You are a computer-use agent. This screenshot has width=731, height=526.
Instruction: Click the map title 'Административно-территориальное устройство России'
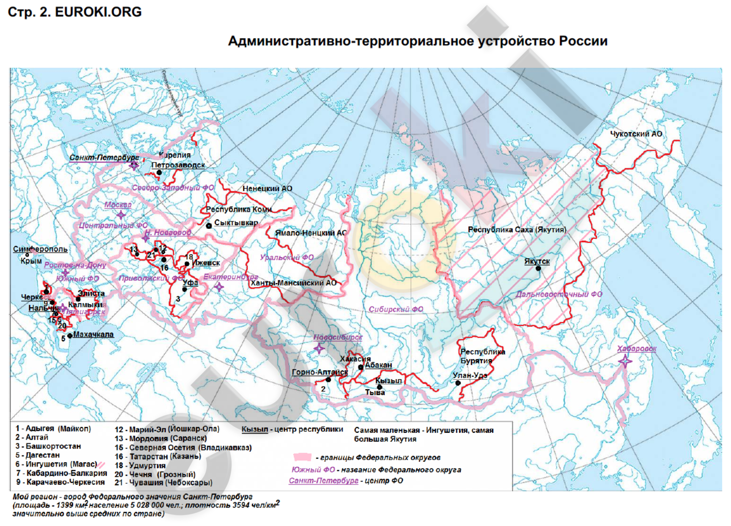pyautogui.click(x=417, y=41)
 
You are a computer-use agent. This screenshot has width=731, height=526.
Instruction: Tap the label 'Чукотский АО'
pyautogui.click(x=636, y=134)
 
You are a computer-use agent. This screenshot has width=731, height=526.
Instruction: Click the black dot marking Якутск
pyautogui.click(x=538, y=269)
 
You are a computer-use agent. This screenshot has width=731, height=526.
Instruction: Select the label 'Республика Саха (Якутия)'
pyautogui.click(x=517, y=230)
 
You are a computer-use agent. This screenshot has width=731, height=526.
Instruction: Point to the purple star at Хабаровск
pyautogui.click(x=625, y=361)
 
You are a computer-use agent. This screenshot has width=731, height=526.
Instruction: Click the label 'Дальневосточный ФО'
pyautogui.click(x=559, y=295)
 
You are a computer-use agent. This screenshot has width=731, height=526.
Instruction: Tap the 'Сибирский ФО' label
pyautogui.click(x=396, y=309)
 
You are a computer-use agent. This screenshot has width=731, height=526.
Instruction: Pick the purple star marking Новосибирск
pyautogui.click(x=319, y=348)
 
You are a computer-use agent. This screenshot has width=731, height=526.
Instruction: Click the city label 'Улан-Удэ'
pyautogui.click(x=470, y=376)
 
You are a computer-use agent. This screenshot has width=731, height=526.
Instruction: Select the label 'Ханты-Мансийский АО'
pyautogui.click(x=294, y=283)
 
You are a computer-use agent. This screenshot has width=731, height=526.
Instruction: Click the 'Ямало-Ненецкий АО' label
pyautogui.click(x=311, y=233)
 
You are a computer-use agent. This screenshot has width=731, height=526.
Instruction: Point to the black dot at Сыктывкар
pyautogui.click(x=209, y=226)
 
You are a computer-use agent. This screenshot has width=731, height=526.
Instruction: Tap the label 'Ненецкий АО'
pyautogui.click(x=267, y=188)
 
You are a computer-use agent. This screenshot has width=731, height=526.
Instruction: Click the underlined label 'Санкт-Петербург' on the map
pyautogui.click(x=104, y=157)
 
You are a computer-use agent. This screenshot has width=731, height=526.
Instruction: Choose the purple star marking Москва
pyautogui.click(x=121, y=215)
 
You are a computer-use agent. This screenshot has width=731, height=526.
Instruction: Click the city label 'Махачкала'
pyautogui.click(x=93, y=335)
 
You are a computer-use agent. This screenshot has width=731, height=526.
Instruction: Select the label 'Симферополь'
pyautogui.click(x=41, y=249)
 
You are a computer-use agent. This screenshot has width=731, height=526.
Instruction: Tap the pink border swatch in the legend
pyautogui.click(x=302, y=457)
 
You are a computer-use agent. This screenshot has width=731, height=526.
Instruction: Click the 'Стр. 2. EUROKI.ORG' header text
pyautogui.click(x=75, y=12)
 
